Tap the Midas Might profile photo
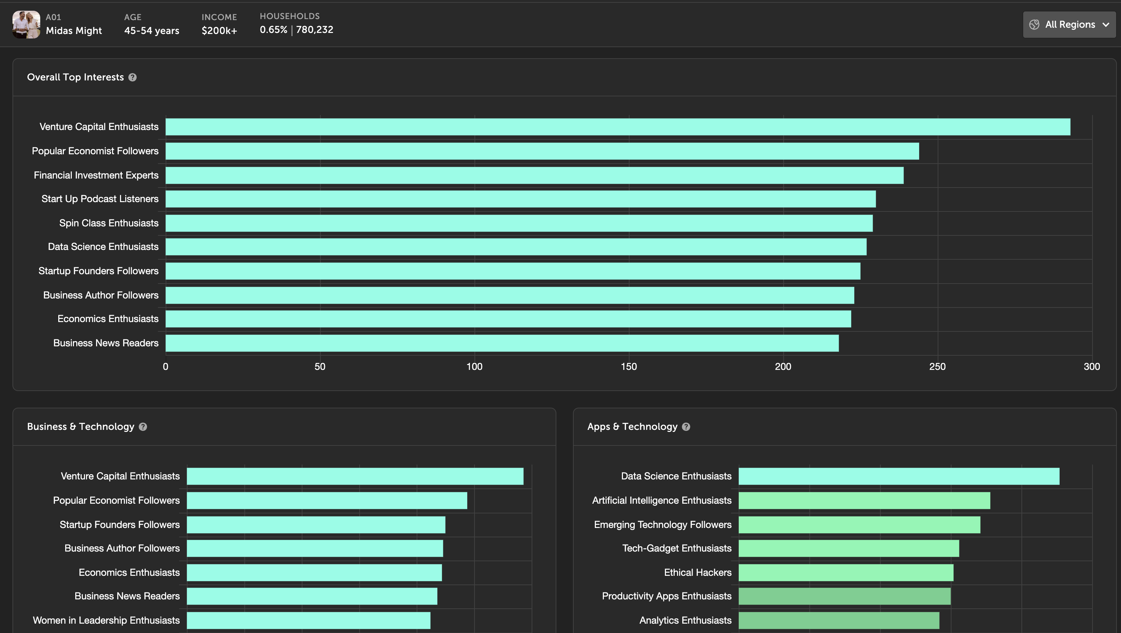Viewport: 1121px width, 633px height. (x=26, y=25)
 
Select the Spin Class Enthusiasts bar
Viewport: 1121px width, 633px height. (x=519, y=223)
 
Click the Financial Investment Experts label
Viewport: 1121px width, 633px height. (x=96, y=175)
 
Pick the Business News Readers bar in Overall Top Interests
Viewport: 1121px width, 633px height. (x=502, y=343)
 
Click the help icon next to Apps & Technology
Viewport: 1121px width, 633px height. (x=686, y=427)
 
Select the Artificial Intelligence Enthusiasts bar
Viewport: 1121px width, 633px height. (x=864, y=500)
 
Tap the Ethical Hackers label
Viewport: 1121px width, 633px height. (x=698, y=573)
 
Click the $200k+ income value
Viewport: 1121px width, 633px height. (x=219, y=31)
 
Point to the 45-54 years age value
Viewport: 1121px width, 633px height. (x=152, y=31)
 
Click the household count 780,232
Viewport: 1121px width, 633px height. (x=315, y=29)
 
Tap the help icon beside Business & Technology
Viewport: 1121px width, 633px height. (x=143, y=427)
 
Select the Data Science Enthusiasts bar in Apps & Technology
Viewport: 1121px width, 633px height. (x=899, y=476)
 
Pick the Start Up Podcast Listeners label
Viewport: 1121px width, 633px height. (x=100, y=199)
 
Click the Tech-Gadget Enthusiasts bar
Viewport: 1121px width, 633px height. (x=849, y=548)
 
